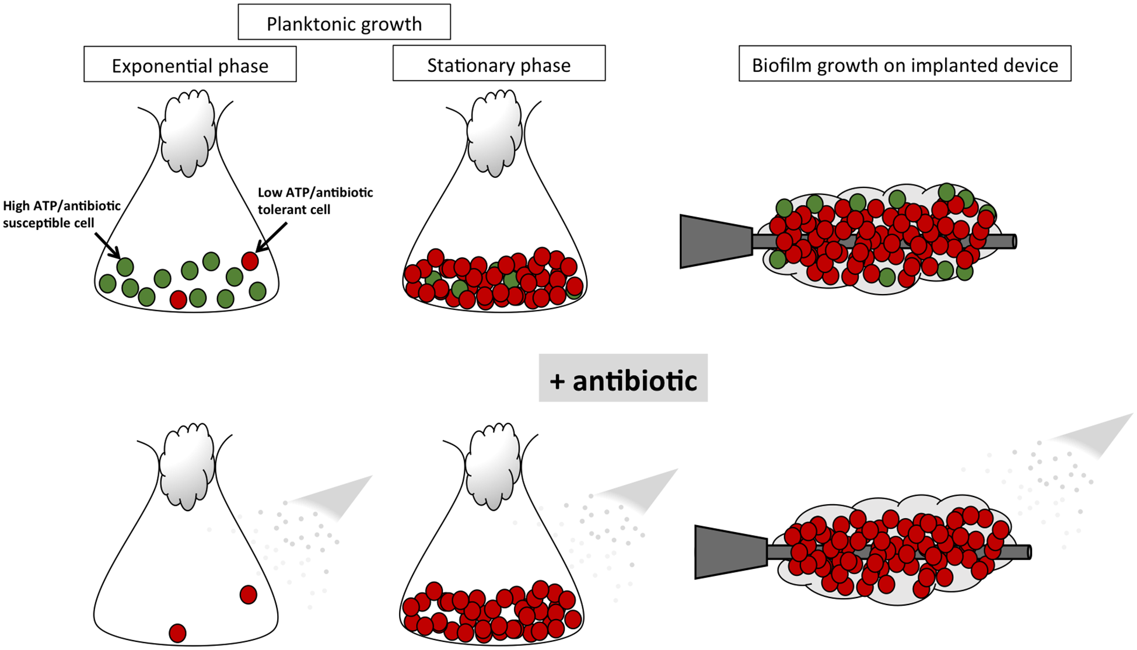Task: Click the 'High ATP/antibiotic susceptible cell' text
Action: (x=61, y=214)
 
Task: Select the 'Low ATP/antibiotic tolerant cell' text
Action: (x=315, y=200)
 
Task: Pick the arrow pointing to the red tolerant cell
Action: (x=272, y=237)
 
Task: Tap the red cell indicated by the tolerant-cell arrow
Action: (x=250, y=261)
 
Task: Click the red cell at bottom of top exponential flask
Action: (x=178, y=300)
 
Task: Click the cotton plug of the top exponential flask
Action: (x=188, y=133)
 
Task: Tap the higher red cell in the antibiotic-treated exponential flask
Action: (x=249, y=595)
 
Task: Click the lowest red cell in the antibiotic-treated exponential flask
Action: (x=177, y=633)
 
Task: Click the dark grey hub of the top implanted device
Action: (x=715, y=242)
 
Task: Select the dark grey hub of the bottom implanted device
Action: (x=730, y=552)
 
